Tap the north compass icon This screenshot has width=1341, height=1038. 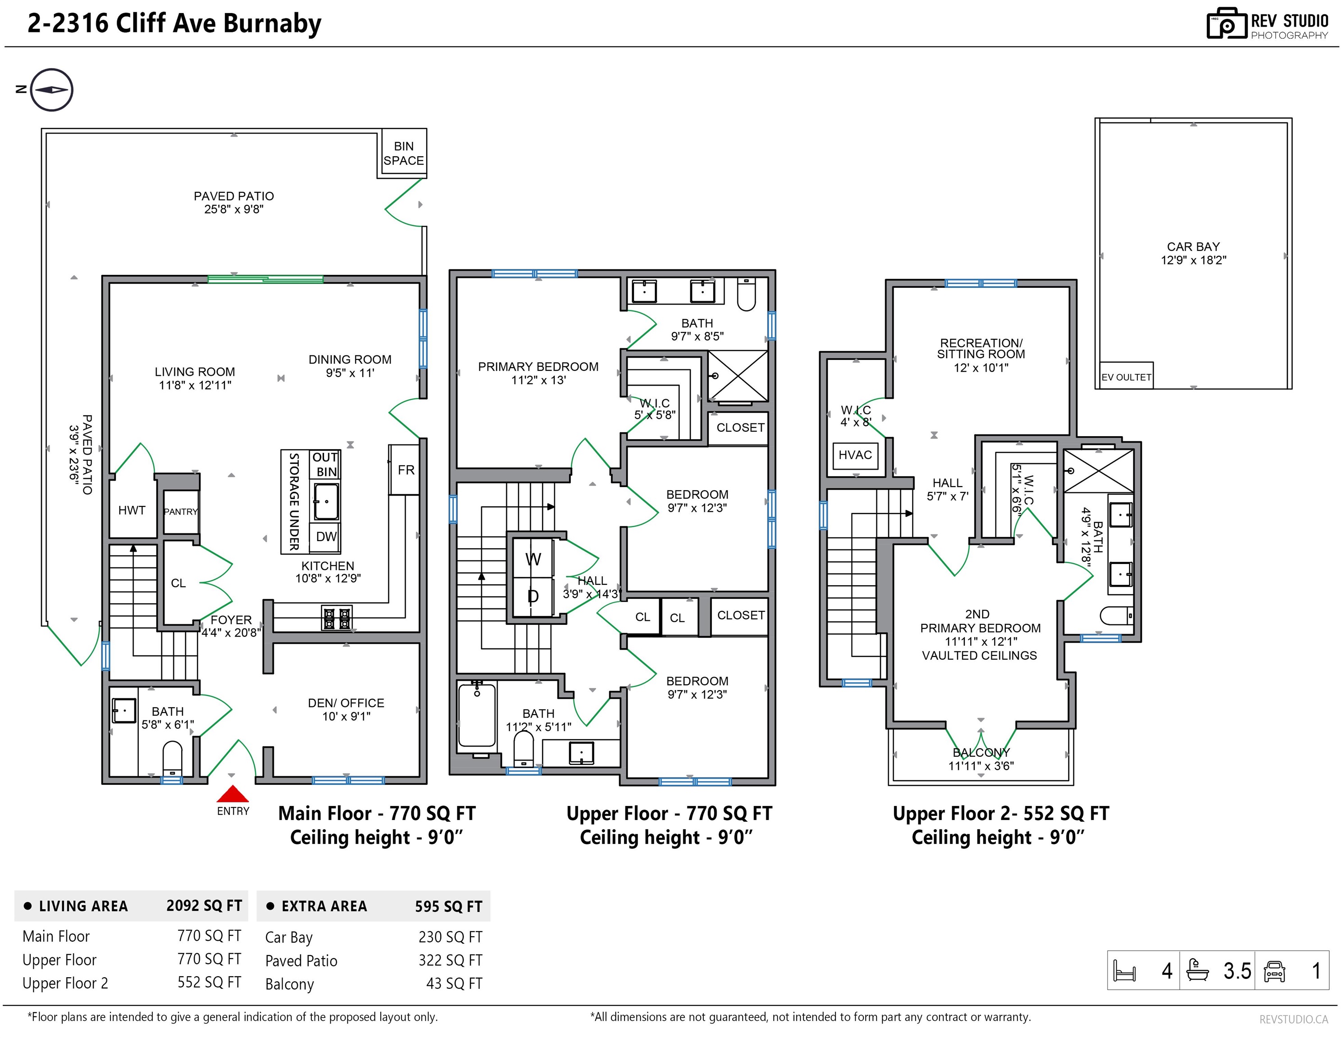[51, 90]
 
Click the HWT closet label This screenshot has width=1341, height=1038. [132, 510]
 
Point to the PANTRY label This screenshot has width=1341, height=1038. [181, 511]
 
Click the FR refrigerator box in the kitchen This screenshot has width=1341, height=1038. [405, 469]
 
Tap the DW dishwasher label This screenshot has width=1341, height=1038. [326, 537]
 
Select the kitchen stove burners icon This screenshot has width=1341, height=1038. [337, 618]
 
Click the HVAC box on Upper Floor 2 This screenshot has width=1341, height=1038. [855, 455]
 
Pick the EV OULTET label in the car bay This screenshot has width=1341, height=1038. [1126, 377]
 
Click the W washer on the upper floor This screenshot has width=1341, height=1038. [533, 559]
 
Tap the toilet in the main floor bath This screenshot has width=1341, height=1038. [173, 759]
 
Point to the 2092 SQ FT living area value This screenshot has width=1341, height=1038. [204, 906]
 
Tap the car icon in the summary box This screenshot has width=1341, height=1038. [1275, 971]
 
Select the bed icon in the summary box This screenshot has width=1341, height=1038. [1124, 971]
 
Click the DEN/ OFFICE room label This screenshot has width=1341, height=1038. [347, 703]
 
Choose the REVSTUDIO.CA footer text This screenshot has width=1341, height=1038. [1294, 1019]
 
